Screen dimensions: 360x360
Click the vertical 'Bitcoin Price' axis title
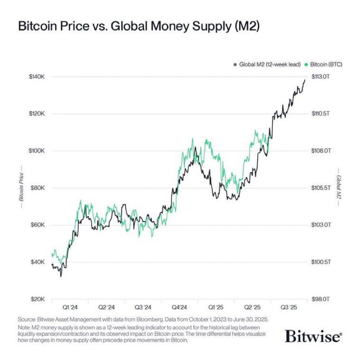[21, 188]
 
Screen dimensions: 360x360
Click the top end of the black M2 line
[305, 79]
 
